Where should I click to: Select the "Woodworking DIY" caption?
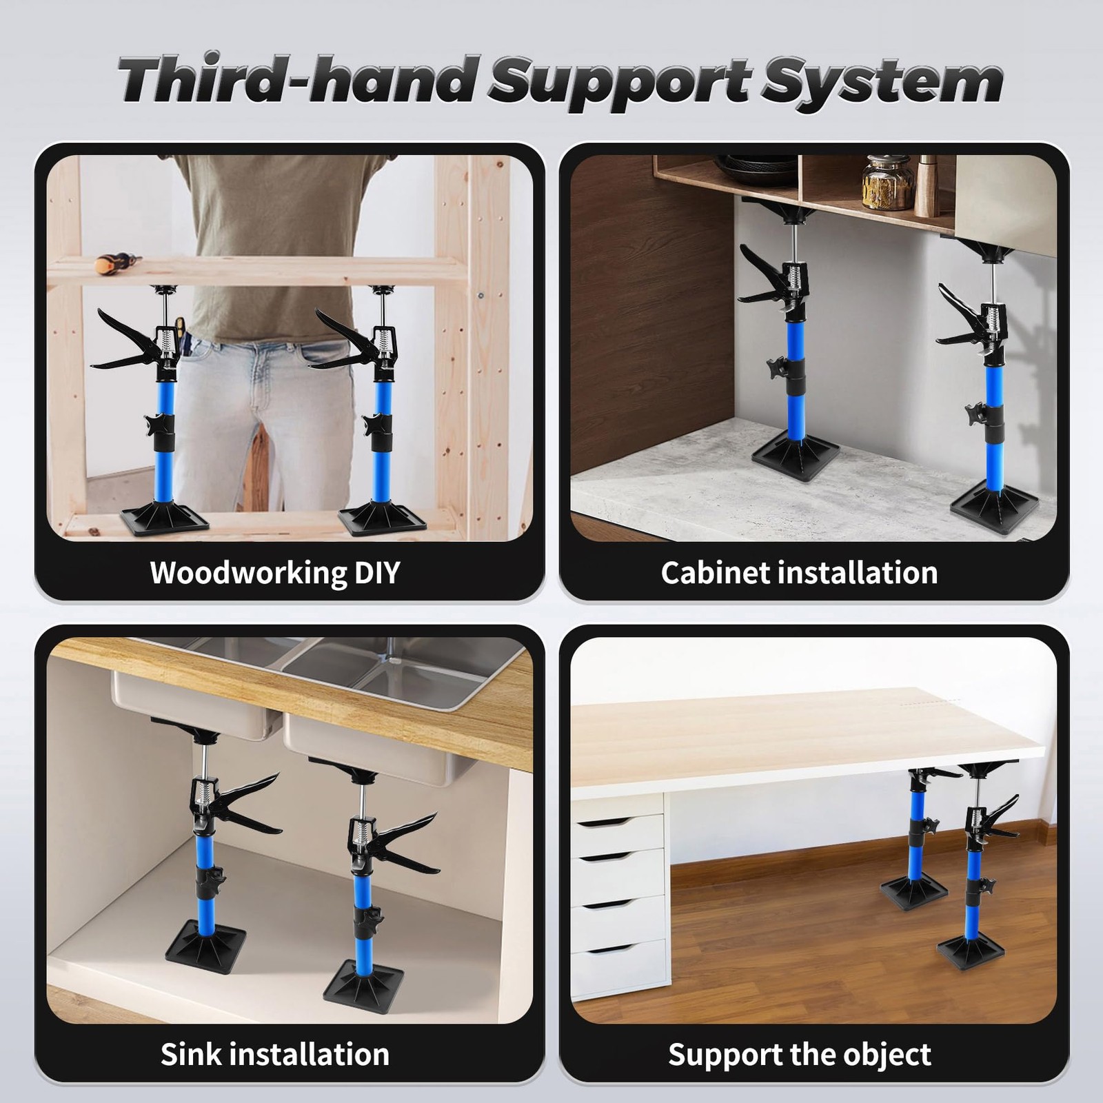pos(275,573)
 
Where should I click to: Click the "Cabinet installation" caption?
pos(800,572)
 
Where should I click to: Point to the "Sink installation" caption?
pos(275,1054)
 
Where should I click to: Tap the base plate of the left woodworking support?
pos(164,518)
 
